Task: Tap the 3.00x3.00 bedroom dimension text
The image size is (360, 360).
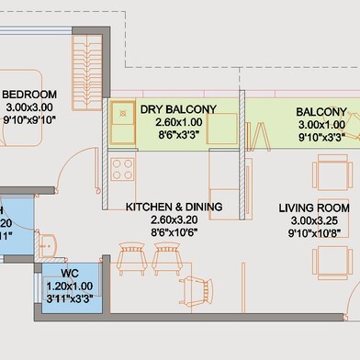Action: (x=29, y=107)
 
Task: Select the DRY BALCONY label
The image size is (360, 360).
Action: (x=178, y=109)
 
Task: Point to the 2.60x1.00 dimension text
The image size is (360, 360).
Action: (x=178, y=121)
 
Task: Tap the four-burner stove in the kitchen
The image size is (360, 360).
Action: (x=122, y=168)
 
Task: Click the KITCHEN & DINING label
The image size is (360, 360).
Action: (x=174, y=208)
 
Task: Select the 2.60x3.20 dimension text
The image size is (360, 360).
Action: (x=174, y=219)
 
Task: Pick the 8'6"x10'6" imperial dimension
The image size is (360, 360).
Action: (x=174, y=231)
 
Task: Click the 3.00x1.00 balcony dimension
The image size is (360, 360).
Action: (x=321, y=124)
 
